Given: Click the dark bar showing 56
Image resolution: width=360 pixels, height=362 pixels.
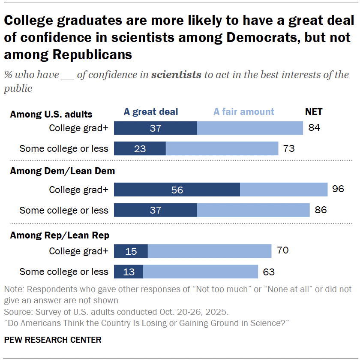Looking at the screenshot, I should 177,190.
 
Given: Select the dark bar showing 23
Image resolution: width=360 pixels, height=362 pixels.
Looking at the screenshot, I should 140,149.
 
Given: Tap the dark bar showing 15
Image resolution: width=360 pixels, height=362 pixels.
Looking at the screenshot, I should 131,251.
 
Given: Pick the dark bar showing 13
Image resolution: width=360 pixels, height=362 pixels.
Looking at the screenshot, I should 129,271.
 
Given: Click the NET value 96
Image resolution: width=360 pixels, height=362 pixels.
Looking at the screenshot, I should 338,189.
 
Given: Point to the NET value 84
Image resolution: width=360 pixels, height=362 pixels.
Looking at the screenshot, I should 314,128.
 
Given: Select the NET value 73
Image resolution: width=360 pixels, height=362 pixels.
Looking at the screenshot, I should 289,149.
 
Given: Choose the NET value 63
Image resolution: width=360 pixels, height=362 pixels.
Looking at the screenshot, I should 269,271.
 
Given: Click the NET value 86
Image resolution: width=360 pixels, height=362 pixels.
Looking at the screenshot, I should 321,210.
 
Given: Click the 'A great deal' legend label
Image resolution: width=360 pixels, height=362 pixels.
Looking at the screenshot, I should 151,112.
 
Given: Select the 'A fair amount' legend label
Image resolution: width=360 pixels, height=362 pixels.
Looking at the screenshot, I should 244,112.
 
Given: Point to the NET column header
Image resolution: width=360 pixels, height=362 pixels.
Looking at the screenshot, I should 314,112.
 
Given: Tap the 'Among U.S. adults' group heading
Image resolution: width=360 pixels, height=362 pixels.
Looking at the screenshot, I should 51,115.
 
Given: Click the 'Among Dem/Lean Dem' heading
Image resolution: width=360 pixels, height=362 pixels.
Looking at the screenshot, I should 62,171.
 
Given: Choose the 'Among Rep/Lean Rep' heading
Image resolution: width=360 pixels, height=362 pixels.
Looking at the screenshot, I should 60,235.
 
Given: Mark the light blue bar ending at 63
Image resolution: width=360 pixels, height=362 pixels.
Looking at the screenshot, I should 200,271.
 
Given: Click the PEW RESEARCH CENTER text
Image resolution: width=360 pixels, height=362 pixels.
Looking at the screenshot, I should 53,340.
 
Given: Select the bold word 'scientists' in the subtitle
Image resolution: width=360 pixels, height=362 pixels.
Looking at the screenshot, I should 176,75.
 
